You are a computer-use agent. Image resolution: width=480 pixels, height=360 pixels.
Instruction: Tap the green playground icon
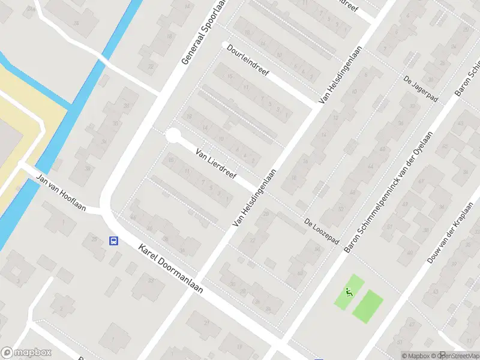pos(349,293)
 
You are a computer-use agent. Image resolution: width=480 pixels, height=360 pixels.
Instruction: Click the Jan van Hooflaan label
pos(61,193)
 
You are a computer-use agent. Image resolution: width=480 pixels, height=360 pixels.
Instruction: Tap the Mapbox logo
pos(25,353)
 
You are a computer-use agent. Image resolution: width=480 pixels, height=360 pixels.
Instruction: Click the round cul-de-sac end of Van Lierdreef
pos(173,136)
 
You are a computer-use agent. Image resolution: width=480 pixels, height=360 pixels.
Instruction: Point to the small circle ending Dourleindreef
pos(226,45)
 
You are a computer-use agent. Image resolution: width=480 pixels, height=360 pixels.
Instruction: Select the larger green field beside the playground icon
pos(368,306)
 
